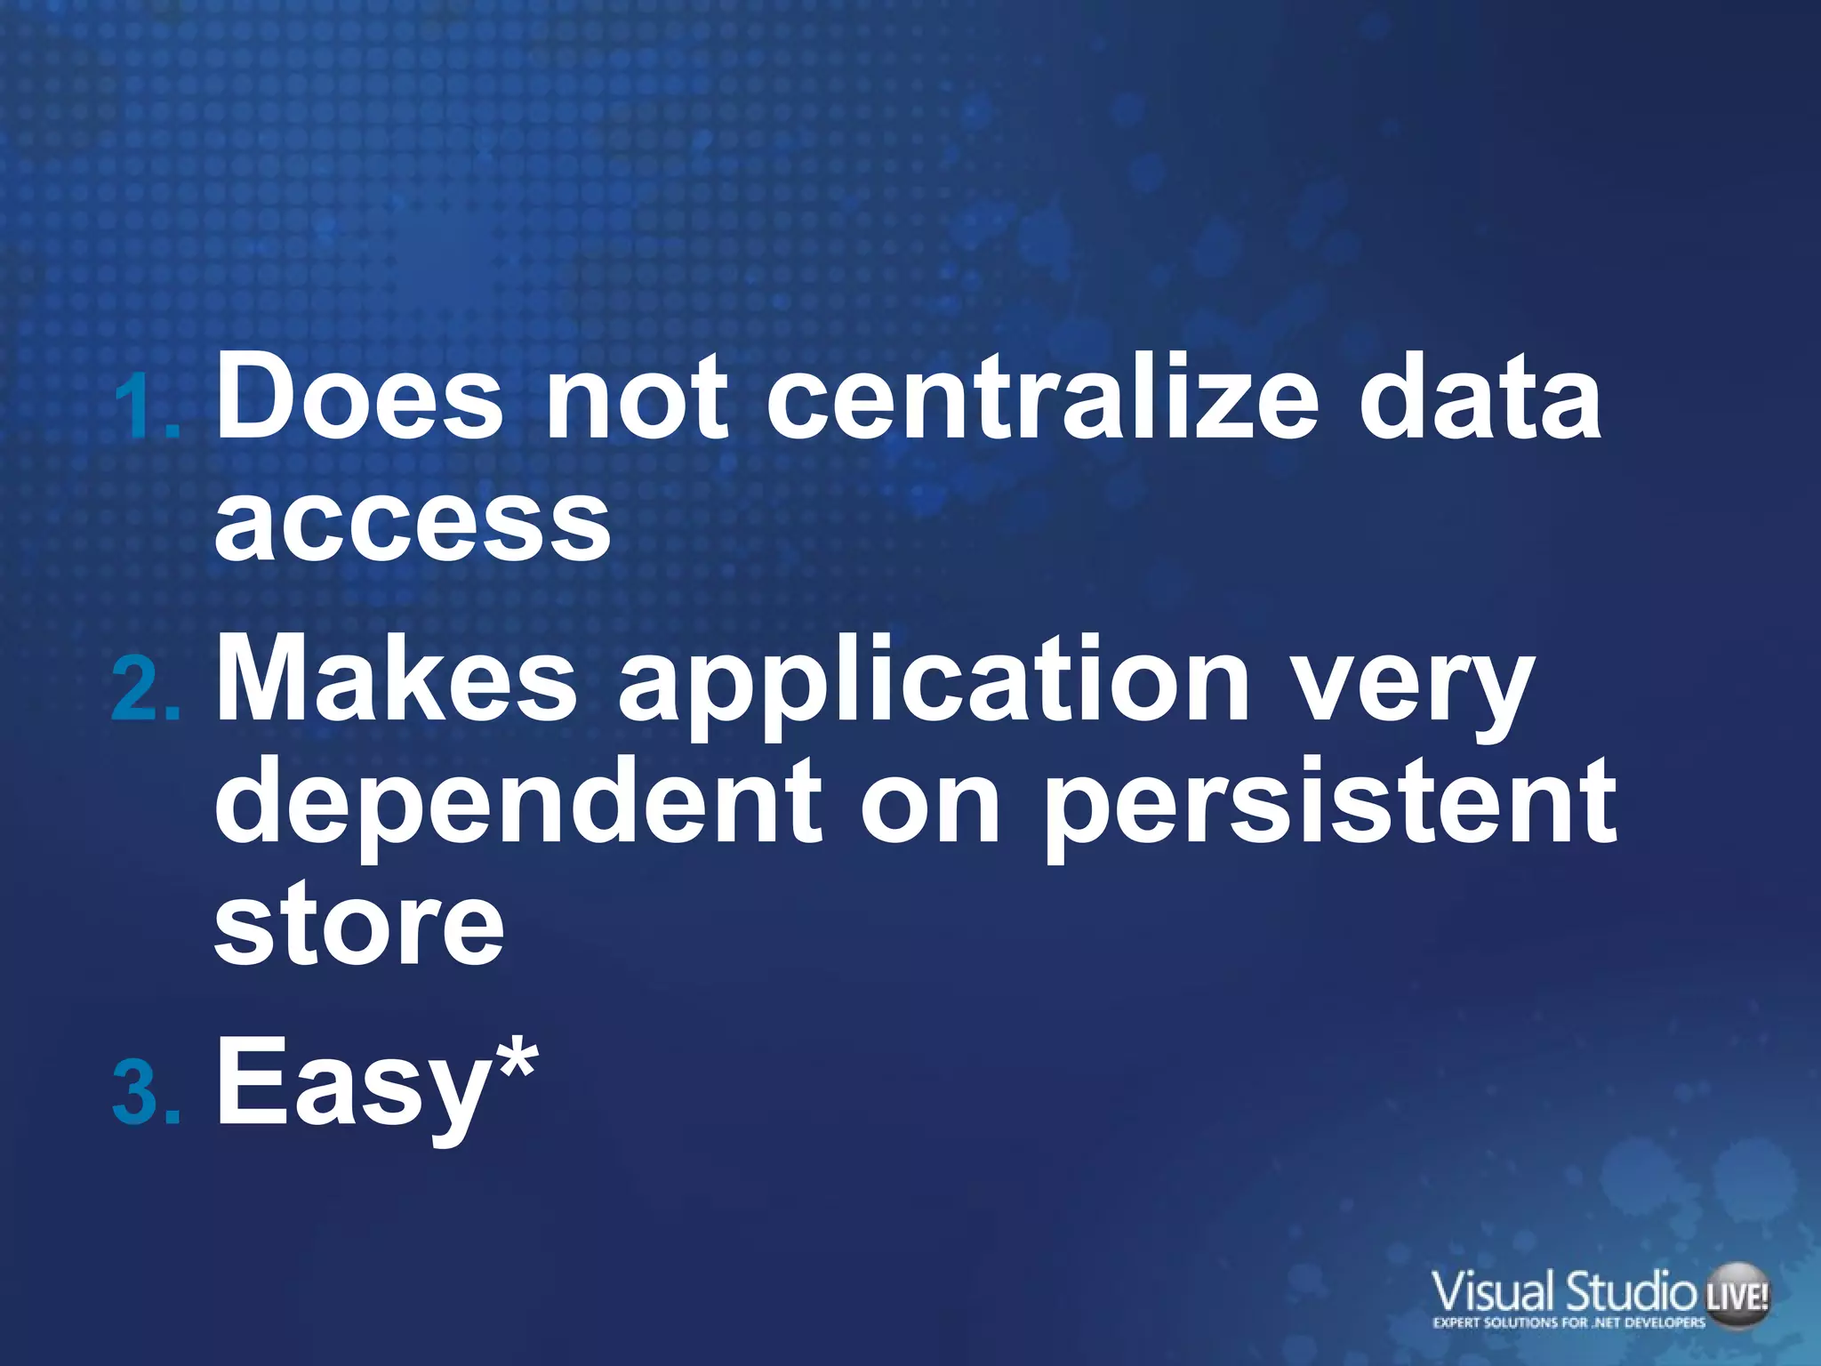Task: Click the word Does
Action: pos(359,397)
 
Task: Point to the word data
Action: pos(1480,397)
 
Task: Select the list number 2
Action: pos(142,691)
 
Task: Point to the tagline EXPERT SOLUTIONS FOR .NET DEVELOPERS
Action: pos(1569,1322)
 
